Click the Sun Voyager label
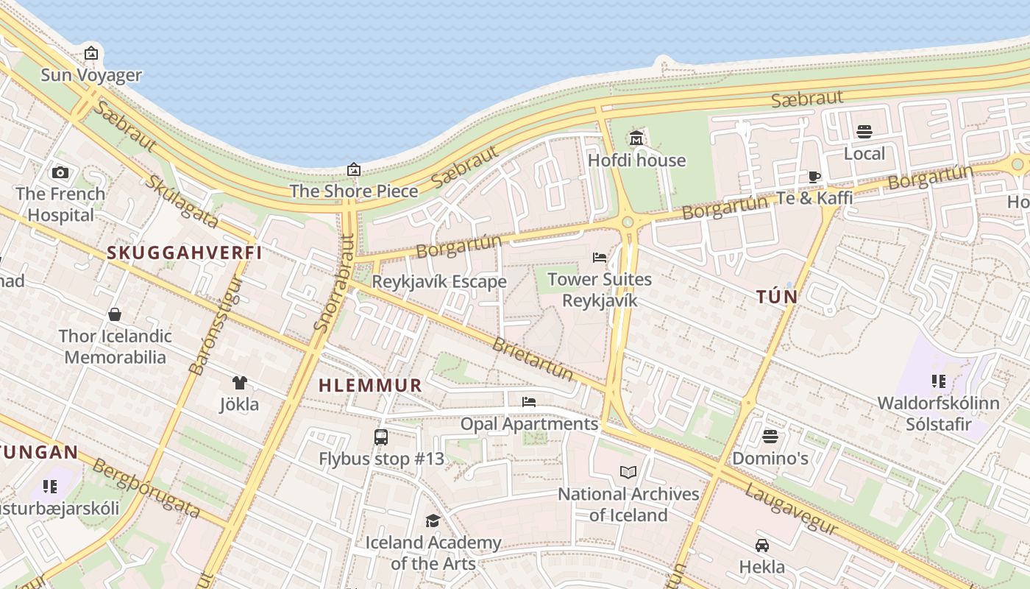(x=91, y=74)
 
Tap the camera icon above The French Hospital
(x=60, y=172)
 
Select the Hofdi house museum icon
(x=636, y=138)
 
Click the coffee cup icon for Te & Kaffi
(x=814, y=176)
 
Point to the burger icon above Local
(x=864, y=132)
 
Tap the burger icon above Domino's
(x=770, y=437)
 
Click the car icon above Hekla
(x=762, y=546)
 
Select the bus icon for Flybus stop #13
(x=381, y=437)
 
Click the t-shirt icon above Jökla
(x=239, y=382)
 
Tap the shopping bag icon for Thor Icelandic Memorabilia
(x=115, y=314)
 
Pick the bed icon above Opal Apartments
(x=529, y=402)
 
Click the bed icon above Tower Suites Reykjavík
(x=600, y=258)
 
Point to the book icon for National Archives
(x=628, y=472)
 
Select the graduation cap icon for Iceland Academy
(x=433, y=521)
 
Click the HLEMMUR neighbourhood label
(x=370, y=385)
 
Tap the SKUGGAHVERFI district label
(x=185, y=253)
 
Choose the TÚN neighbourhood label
(x=777, y=297)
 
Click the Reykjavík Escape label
(x=439, y=281)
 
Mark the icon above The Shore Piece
(x=354, y=169)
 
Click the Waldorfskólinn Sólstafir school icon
(x=938, y=381)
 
